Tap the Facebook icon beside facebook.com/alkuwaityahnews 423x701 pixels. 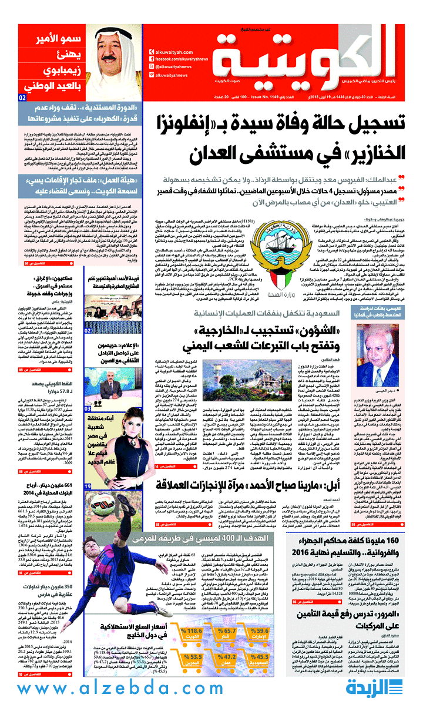click(152, 59)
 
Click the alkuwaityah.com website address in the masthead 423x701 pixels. click(174, 51)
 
